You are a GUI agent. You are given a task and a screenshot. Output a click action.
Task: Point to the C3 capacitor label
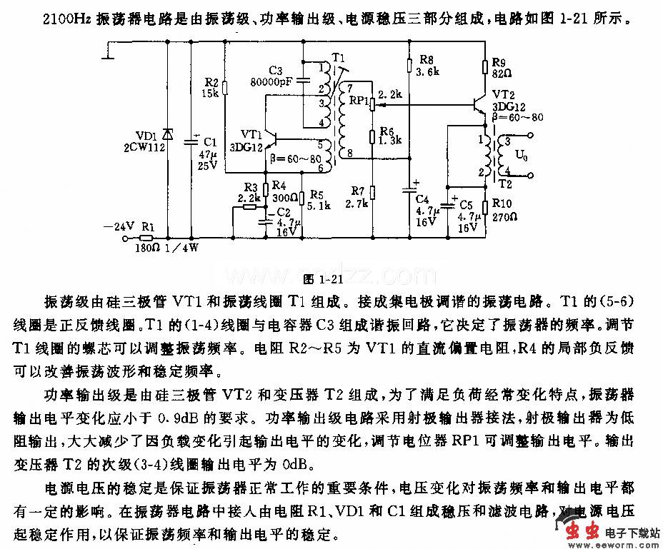click(x=276, y=70)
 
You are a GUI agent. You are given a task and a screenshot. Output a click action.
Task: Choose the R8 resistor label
click(x=426, y=60)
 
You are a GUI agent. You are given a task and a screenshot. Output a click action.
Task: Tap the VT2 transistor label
click(x=503, y=94)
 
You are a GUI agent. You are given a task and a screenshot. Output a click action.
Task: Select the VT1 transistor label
click(x=251, y=134)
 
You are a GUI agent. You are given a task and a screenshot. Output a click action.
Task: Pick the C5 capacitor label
click(x=466, y=205)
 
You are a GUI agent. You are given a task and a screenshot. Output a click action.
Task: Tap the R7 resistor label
click(x=359, y=191)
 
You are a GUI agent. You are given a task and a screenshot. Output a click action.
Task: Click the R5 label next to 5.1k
click(x=318, y=194)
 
